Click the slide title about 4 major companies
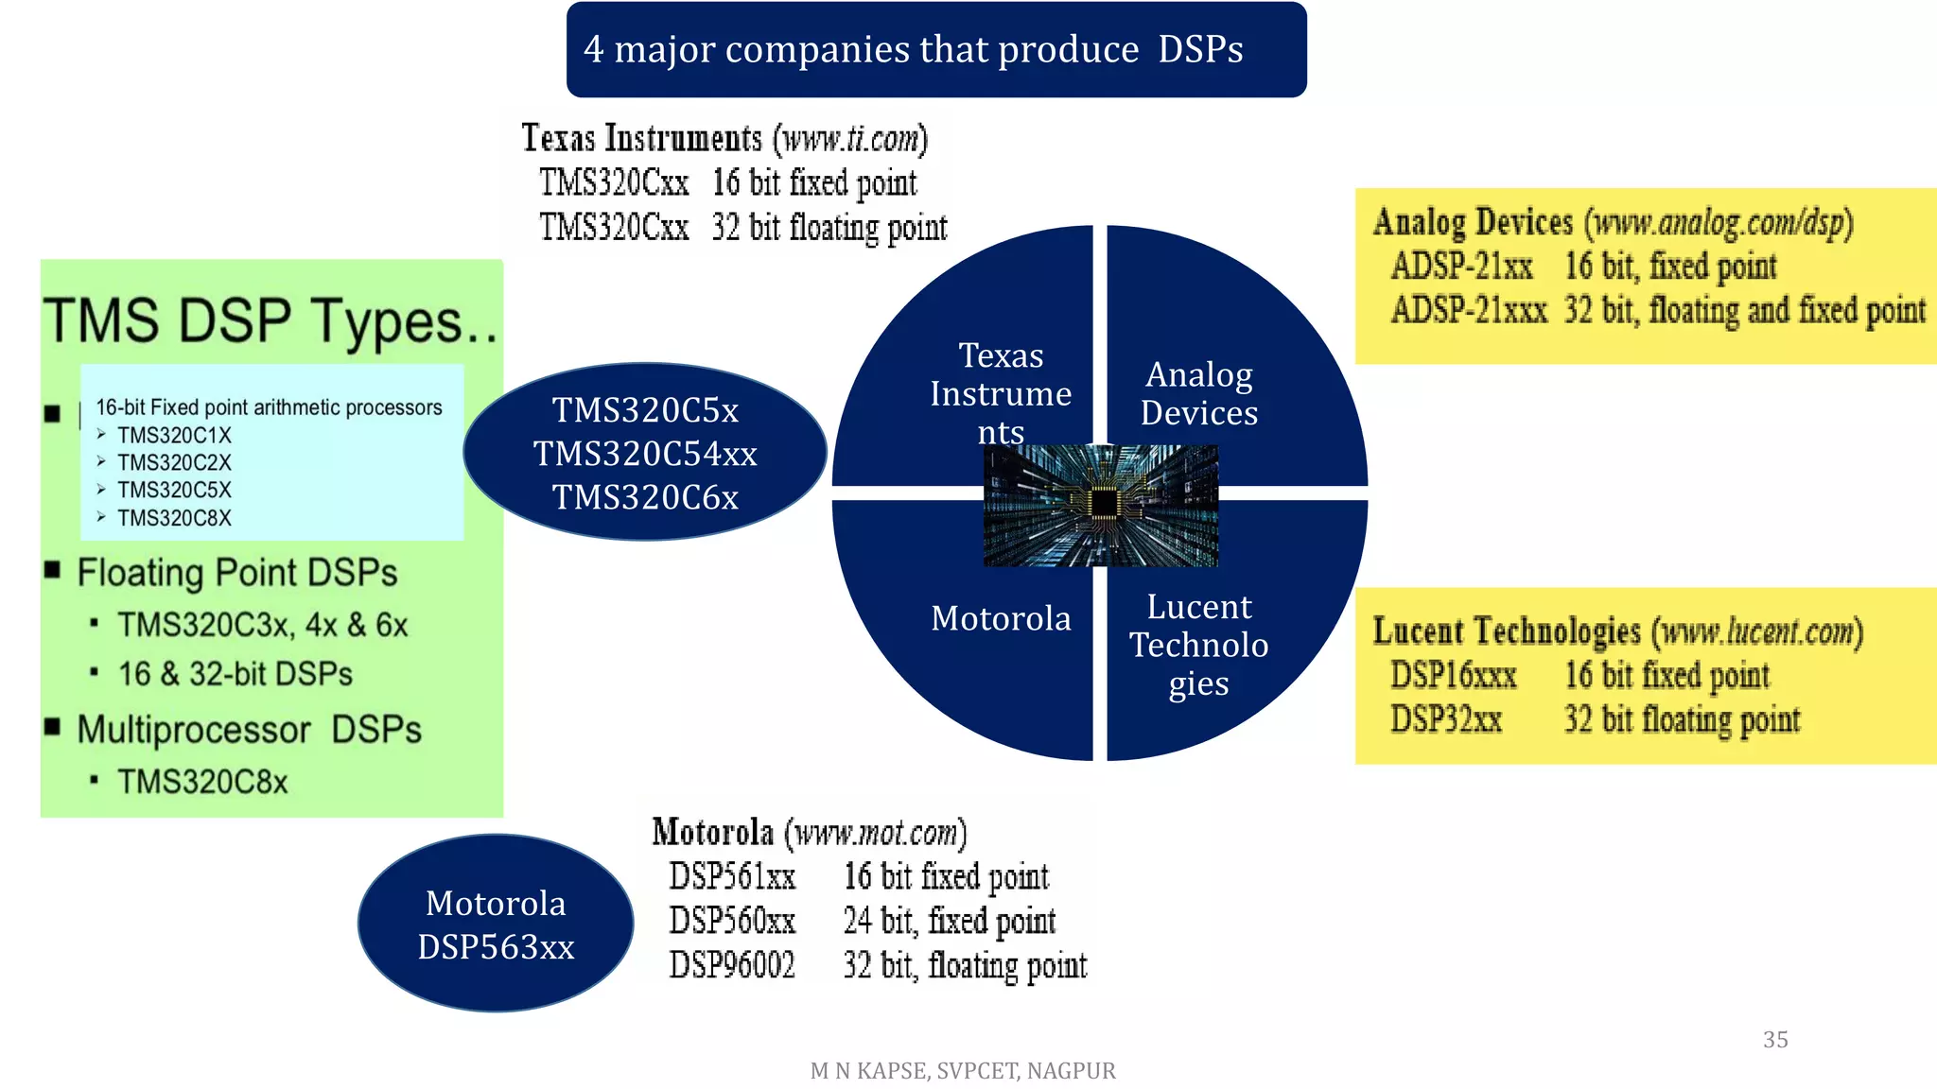pos(914,49)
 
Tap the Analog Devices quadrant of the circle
pos(1198,393)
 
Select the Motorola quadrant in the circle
pos(1001,618)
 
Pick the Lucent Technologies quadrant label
pos(1198,645)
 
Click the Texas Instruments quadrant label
pos(1001,393)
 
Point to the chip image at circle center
pos(1101,506)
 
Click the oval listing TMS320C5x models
pos(645,453)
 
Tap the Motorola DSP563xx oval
pos(496,924)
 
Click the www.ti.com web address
pos(850,139)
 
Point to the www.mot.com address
pos(876,833)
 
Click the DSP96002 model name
pos(732,965)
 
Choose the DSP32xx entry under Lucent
pos(1445,719)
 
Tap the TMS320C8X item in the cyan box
pos(174,518)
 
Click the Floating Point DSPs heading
pos(236,573)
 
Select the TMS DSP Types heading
pos(270,320)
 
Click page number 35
pos(1775,1040)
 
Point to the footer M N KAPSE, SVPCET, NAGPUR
pos(963,1071)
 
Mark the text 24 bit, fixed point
pos(949,921)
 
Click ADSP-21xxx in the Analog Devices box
pos(1468,310)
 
